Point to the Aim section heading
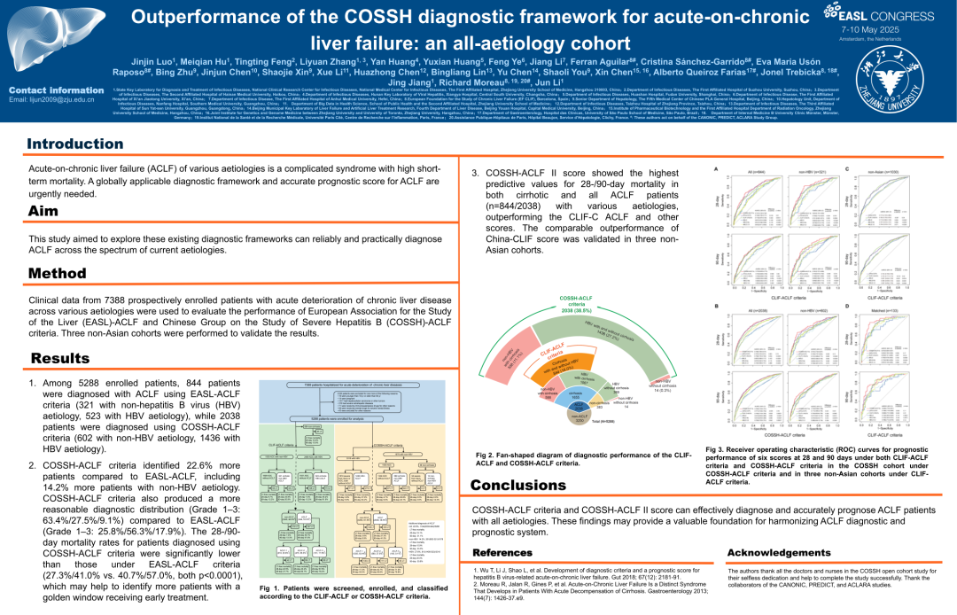click(x=43, y=211)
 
